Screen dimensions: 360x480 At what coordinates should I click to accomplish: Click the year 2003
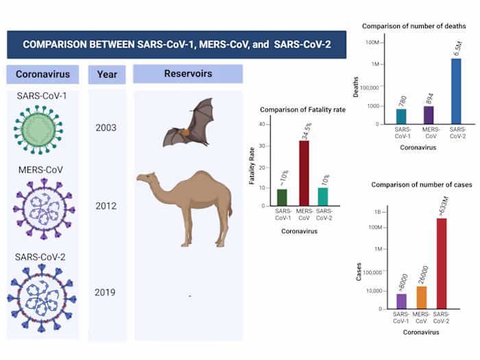click(x=106, y=128)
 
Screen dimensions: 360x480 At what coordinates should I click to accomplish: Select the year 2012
click(x=106, y=206)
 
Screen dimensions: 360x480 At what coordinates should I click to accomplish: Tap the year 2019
click(x=106, y=293)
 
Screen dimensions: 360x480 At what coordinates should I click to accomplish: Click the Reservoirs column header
click(x=188, y=73)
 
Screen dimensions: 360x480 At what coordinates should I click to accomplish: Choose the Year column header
click(x=107, y=74)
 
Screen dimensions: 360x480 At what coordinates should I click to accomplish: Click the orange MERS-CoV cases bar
click(x=421, y=298)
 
